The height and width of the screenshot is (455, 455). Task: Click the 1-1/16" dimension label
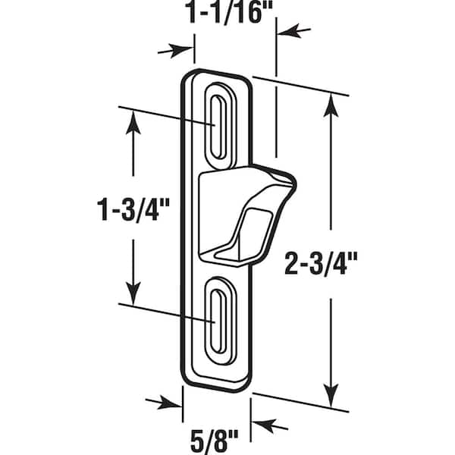[x=229, y=11]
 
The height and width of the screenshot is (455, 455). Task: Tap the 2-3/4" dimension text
[x=321, y=262]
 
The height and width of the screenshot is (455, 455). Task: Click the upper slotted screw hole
[x=220, y=127]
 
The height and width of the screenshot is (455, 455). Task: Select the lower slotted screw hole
[x=220, y=322]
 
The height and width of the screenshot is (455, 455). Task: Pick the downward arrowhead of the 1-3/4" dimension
[x=133, y=293]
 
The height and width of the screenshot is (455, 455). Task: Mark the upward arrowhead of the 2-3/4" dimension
[x=331, y=105]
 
